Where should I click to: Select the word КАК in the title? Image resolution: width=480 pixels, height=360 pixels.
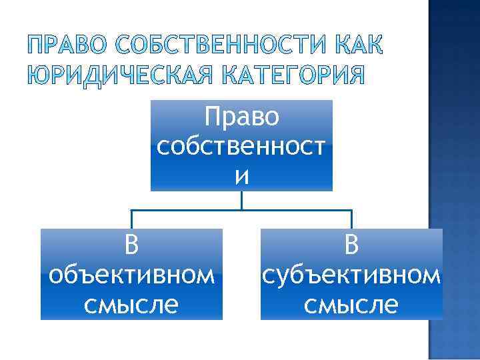pyautogui.click(x=357, y=47)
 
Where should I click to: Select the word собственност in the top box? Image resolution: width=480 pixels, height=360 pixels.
pyautogui.click(x=241, y=146)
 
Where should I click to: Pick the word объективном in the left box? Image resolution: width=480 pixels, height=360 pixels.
pyautogui.click(x=132, y=275)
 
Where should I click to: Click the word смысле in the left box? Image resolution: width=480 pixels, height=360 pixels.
pyautogui.click(x=132, y=304)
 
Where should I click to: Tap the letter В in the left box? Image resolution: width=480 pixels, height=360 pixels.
pyautogui.click(x=132, y=245)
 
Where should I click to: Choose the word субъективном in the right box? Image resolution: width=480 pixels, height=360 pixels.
pyautogui.click(x=351, y=275)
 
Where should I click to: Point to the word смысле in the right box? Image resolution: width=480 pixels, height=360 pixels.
pyautogui.click(x=351, y=304)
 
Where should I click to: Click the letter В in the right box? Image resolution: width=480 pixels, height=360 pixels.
pyautogui.click(x=351, y=245)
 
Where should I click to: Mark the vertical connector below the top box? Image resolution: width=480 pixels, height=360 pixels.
pyautogui.click(x=241, y=200)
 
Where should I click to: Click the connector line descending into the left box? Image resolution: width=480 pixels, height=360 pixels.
pyautogui.click(x=132, y=219)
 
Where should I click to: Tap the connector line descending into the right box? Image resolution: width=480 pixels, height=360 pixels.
pyautogui.click(x=351, y=219)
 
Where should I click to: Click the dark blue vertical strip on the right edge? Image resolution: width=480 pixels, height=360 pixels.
pyautogui.click(x=455, y=180)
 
